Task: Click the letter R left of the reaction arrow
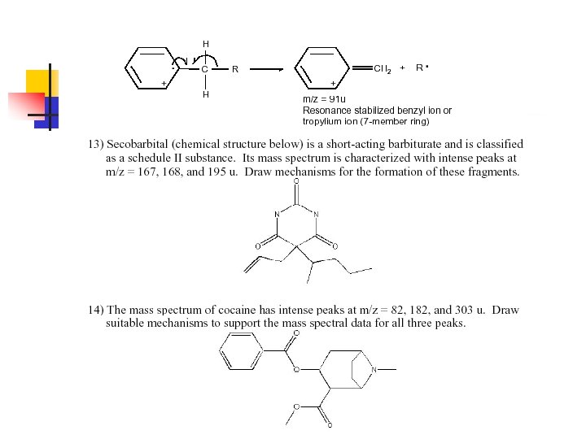(234, 70)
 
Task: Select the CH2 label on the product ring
(383, 70)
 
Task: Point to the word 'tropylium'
(323, 121)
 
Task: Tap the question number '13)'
(96, 145)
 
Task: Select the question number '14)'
(96, 310)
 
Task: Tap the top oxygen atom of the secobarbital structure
(296, 181)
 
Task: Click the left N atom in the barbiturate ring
(277, 215)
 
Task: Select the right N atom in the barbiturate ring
(316, 215)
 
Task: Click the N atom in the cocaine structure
(374, 370)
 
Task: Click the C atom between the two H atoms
(205, 70)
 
